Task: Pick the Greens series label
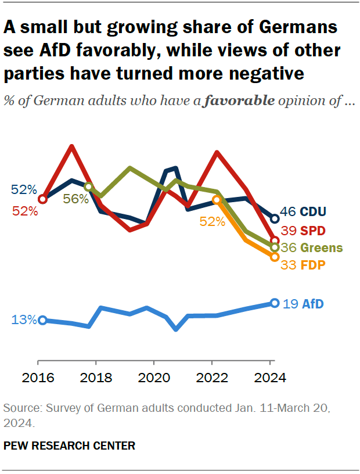[321, 248]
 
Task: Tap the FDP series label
[312, 265]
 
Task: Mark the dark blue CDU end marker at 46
[275, 218]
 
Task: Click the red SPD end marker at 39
[275, 240]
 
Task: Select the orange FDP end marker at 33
[275, 256]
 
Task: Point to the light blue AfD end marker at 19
[275, 303]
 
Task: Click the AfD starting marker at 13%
[42, 320]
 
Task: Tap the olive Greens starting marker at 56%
[88, 186]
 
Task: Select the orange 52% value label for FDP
[212, 221]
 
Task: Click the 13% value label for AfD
[23, 320]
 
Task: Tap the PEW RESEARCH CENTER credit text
[69, 446]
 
